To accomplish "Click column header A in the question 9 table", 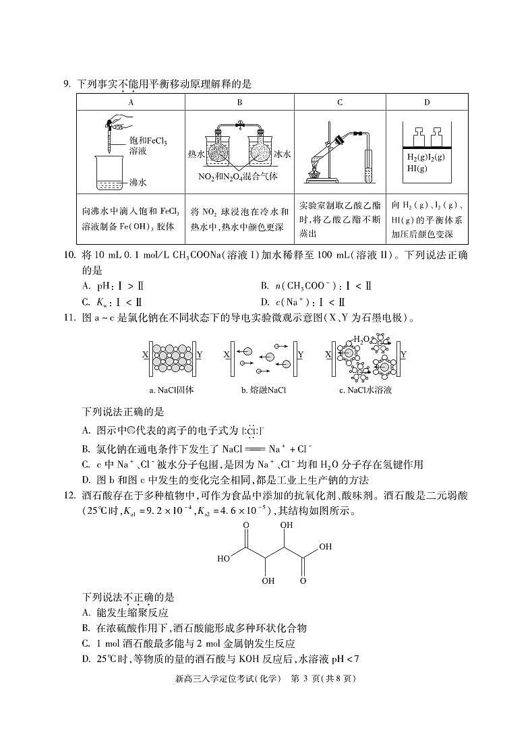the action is click(x=131, y=102).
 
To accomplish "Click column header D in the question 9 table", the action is click(x=427, y=102).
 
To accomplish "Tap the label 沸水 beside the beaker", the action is click(x=138, y=182).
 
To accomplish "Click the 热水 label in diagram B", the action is click(x=196, y=154).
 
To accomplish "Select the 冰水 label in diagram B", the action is click(x=283, y=154).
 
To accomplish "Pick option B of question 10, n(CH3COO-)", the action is click(x=316, y=286).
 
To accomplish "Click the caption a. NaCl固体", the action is click(x=171, y=390).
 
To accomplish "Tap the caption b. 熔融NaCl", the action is click(x=263, y=390).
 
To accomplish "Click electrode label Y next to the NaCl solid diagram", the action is click(x=199, y=353).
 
